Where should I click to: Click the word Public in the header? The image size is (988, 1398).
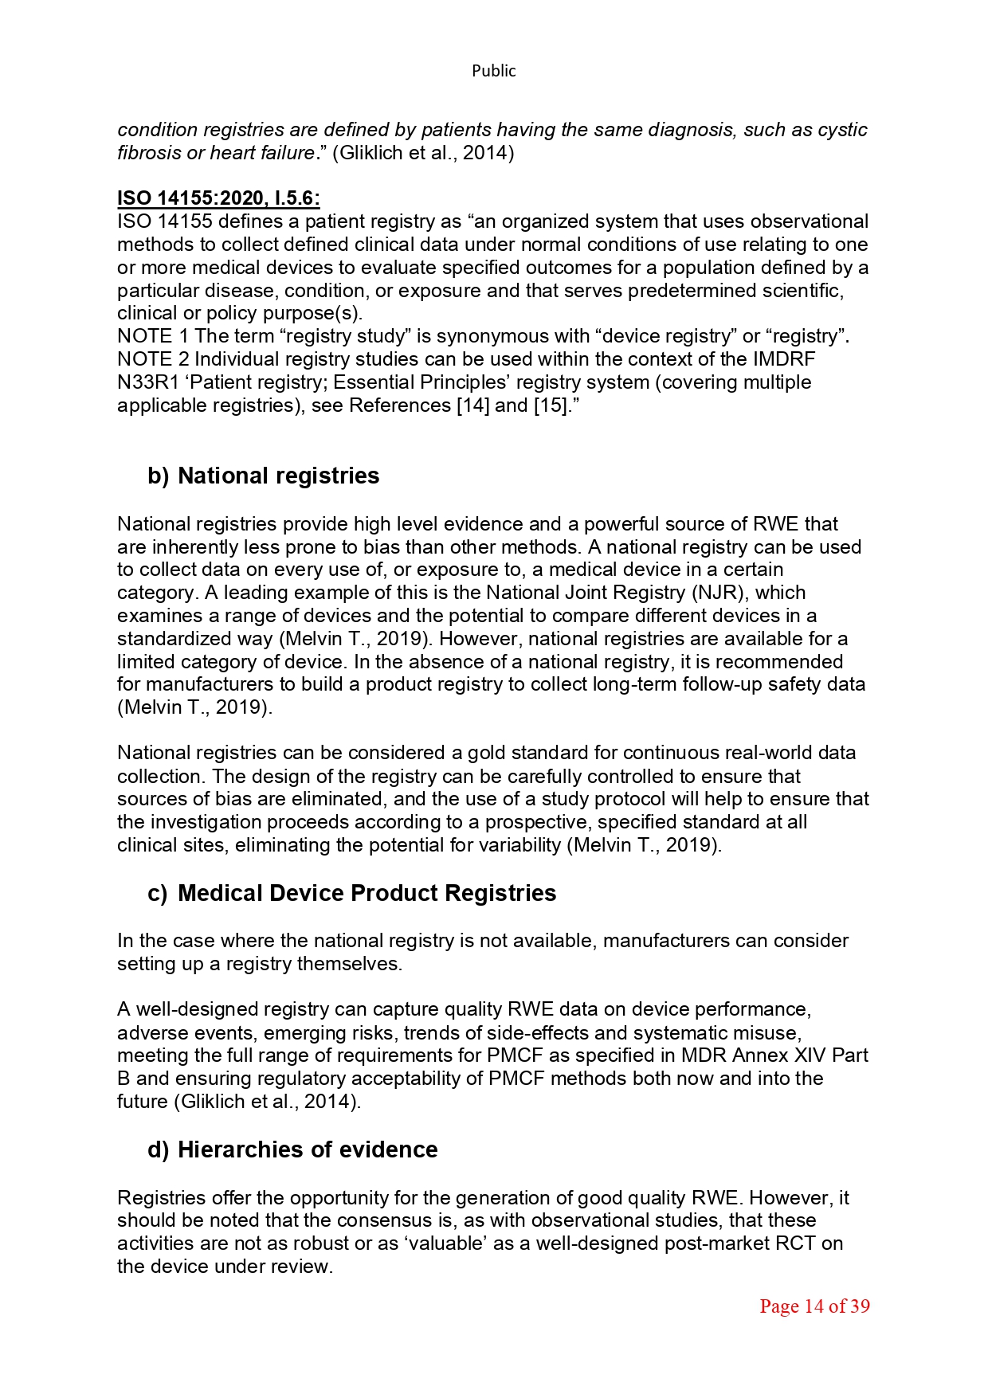coord(493,71)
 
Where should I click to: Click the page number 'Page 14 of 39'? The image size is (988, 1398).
coord(814,1306)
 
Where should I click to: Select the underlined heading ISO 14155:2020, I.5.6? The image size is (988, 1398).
coord(218,198)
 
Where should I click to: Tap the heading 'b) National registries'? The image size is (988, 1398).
coord(264,476)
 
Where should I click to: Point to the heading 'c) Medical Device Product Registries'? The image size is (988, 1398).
coord(351,893)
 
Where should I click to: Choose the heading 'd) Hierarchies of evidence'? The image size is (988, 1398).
coord(292,1149)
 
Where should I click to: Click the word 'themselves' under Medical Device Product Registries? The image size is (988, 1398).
coord(347,964)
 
